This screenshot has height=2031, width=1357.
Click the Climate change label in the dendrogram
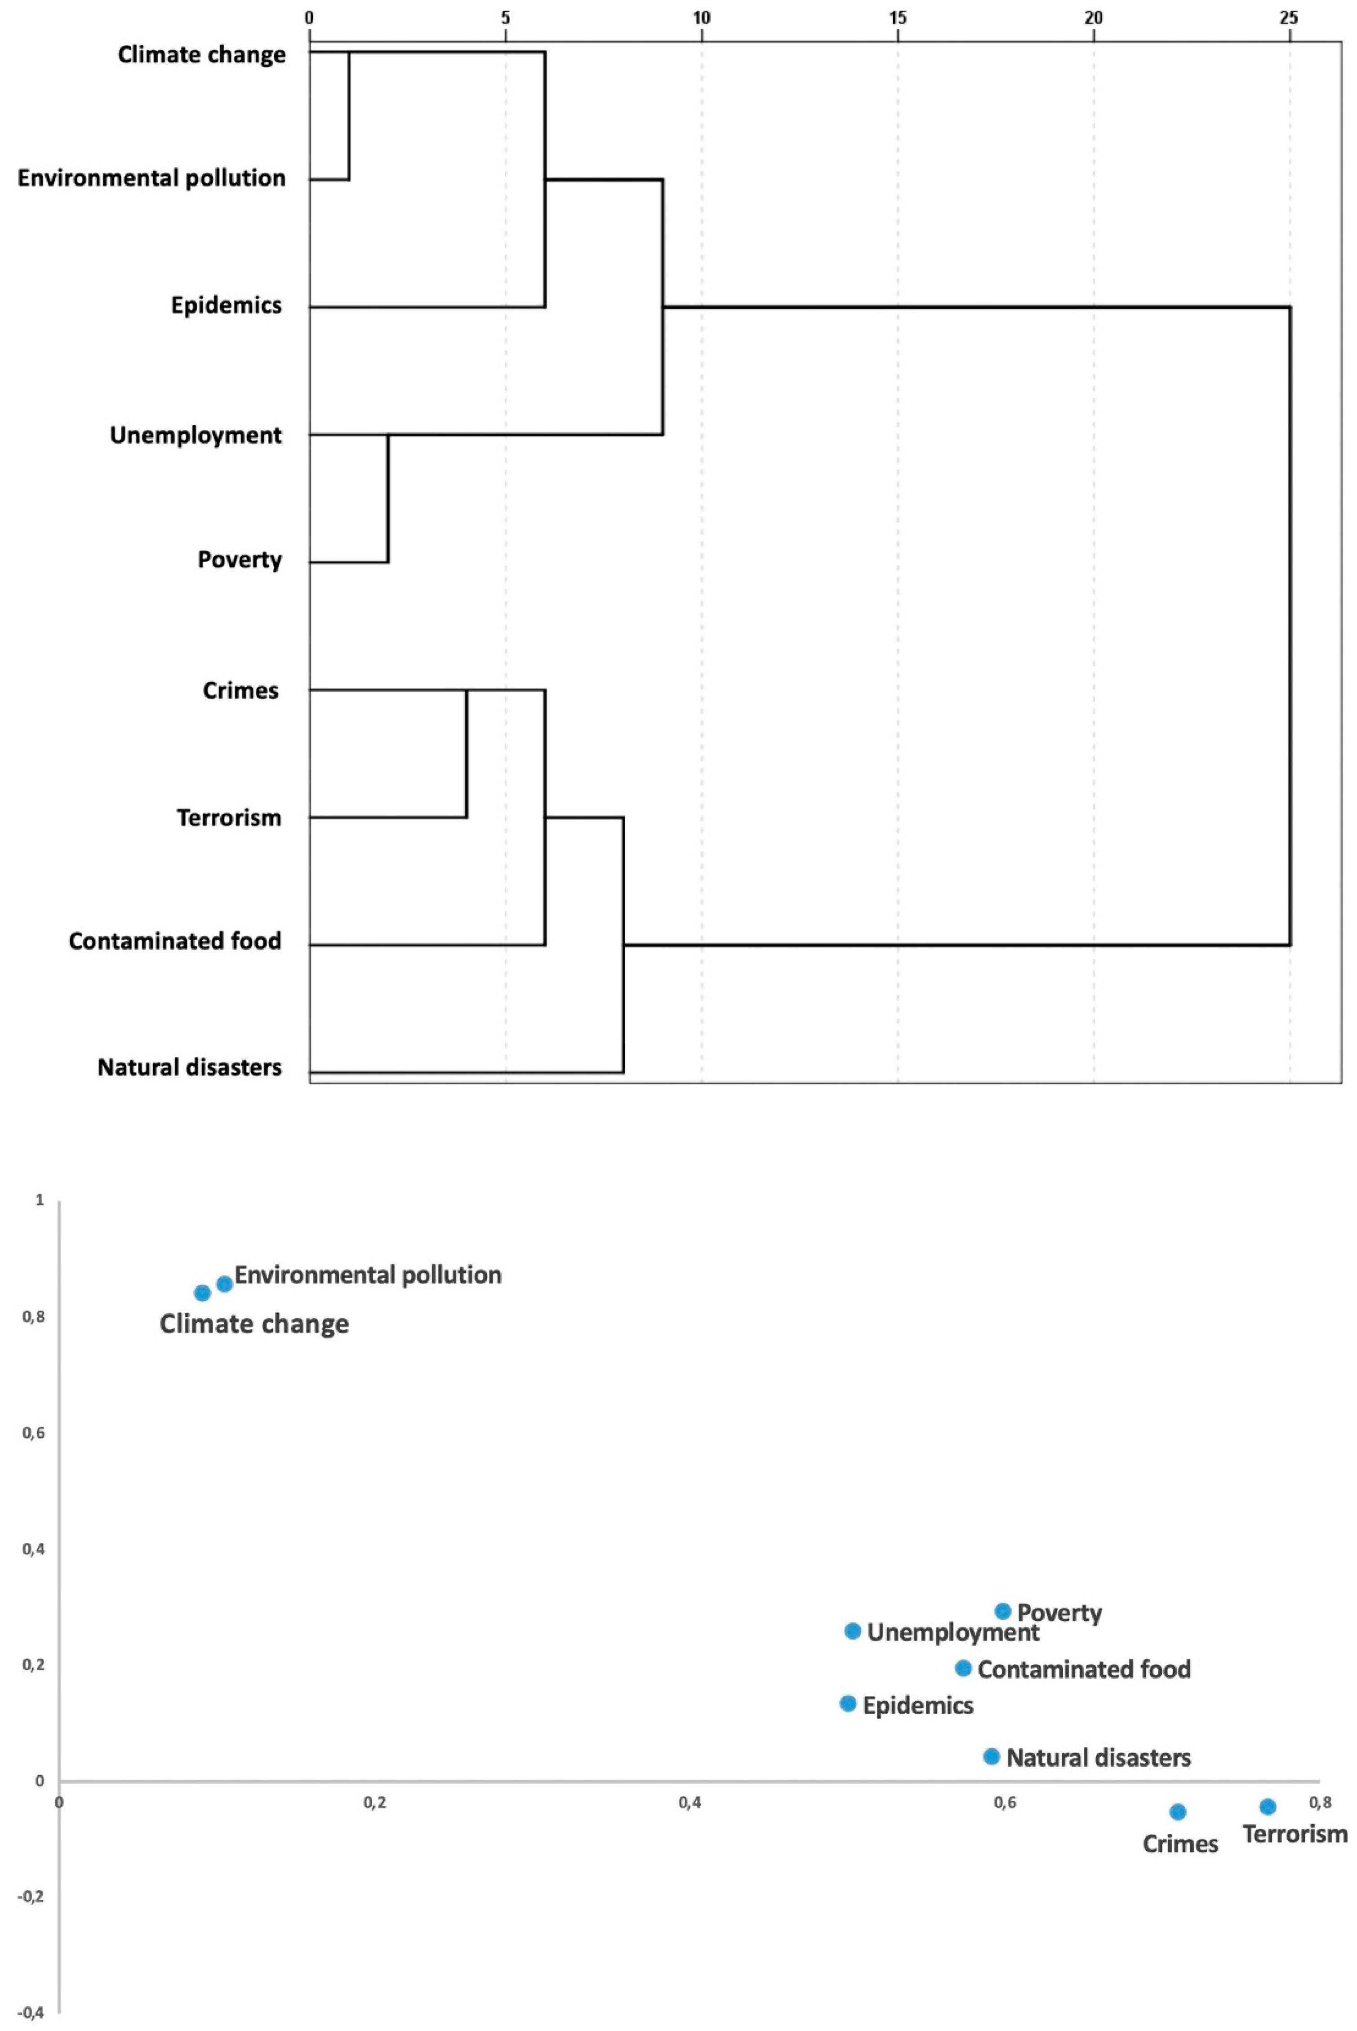202,54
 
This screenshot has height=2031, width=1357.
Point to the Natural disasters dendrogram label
190,1067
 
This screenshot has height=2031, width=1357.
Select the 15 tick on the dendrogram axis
898,18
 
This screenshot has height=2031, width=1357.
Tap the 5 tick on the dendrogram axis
505,18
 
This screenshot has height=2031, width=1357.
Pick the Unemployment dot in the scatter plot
853,1631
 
